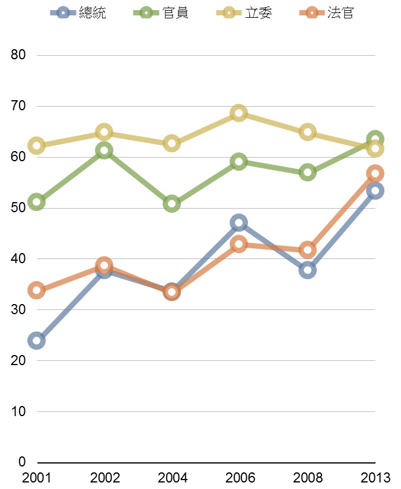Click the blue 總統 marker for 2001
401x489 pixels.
tap(36, 340)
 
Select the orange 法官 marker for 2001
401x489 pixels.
tap(36, 290)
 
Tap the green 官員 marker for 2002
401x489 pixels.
tap(104, 151)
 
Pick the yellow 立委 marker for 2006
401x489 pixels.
tap(238, 113)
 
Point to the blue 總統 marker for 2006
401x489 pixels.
tap(238, 223)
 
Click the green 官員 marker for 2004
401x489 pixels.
tap(171, 204)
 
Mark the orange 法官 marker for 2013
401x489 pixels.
tap(374, 174)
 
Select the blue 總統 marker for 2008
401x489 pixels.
tap(307, 270)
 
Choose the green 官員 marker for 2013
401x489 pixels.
tap(374, 140)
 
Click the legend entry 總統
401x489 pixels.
tap(79, 13)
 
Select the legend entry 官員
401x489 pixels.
tap(162, 13)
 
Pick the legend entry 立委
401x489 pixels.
tap(244, 13)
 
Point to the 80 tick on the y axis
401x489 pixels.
tap(18, 55)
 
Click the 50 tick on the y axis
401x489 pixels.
tap(18, 208)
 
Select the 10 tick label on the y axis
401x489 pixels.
tap(18, 411)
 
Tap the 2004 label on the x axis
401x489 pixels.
tap(171, 478)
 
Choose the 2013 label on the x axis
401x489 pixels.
tap(374, 478)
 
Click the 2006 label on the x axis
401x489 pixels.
tap(238, 478)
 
